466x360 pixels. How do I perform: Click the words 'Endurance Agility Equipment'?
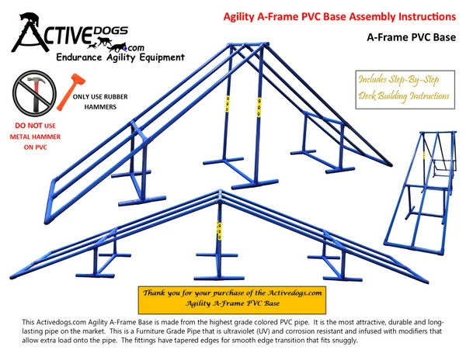click(x=120, y=57)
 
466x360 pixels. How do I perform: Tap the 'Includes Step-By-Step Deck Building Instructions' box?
click(x=404, y=87)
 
